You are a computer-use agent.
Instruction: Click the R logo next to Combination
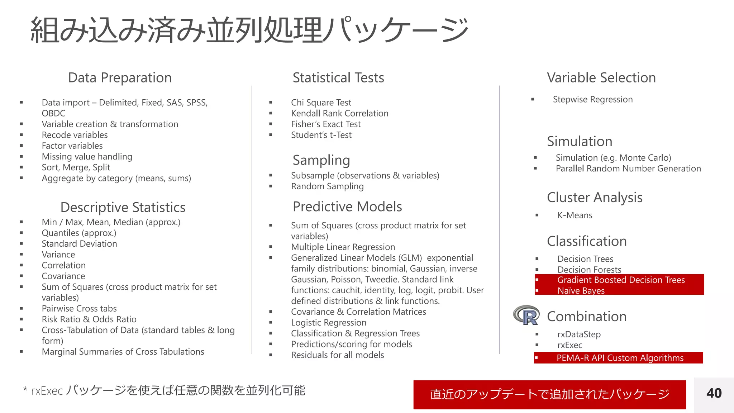(526, 315)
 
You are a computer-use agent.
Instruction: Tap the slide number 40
(714, 393)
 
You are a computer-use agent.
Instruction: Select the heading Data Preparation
(120, 78)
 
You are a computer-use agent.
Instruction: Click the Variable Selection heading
(601, 78)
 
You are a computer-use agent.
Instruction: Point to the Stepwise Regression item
(592, 99)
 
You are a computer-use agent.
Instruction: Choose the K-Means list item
(575, 215)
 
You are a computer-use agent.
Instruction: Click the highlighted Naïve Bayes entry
(581, 290)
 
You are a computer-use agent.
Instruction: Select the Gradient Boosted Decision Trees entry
(621, 280)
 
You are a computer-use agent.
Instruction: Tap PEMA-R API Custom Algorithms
(620, 358)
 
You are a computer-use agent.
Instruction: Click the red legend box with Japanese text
(549, 394)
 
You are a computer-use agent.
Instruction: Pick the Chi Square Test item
(321, 103)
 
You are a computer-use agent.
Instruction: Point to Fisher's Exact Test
(325, 124)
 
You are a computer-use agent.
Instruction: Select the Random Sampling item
(327, 186)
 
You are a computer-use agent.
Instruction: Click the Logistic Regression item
(328, 323)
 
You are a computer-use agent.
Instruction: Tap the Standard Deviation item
(79, 244)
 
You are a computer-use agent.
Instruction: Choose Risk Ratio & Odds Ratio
(89, 319)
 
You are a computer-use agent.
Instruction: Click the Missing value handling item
(87, 157)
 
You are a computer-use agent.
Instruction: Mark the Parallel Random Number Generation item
(628, 168)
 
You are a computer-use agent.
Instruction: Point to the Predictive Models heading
(347, 207)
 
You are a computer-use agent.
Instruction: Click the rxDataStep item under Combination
(579, 334)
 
